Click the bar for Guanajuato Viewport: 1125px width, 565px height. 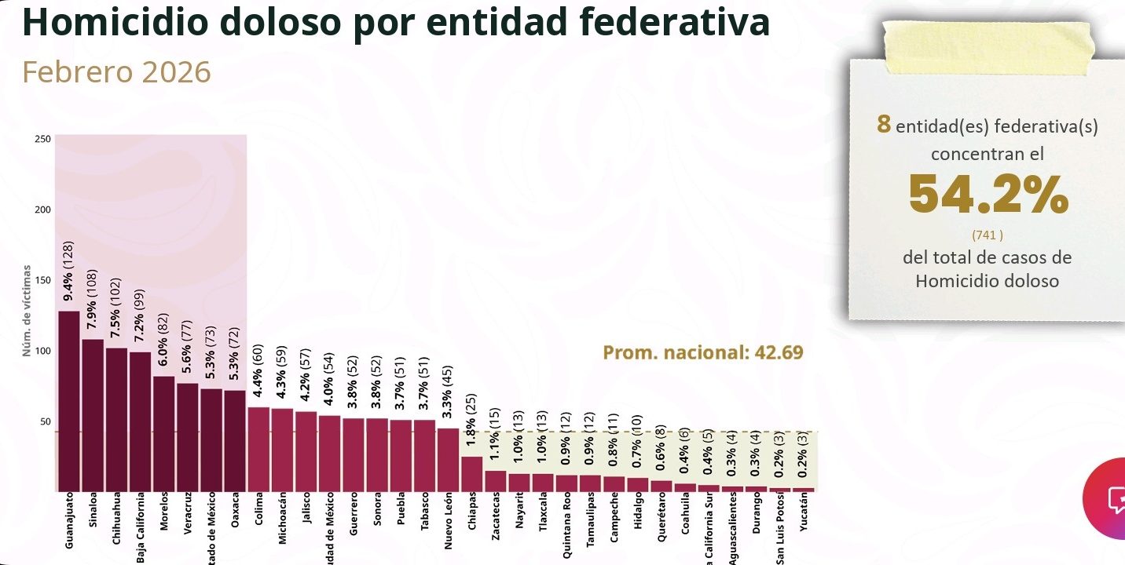[69, 400]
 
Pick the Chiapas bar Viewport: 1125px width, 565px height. [471, 473]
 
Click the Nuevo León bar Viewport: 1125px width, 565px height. [448, 459]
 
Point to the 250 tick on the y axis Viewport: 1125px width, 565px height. [43, 140]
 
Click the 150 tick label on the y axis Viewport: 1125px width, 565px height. [43, 280]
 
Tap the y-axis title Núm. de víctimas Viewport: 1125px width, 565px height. [27, 310]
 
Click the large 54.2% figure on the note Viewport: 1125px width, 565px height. [988, 194]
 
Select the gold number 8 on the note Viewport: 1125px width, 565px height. [884, 125]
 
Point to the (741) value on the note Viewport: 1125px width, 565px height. [988, 235]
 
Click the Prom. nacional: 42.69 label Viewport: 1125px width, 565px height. [702, 352]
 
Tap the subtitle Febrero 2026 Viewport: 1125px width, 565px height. [116, 72]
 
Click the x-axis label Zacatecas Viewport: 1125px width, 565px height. [495, 518]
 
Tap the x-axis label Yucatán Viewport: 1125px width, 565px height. [802, 514]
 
